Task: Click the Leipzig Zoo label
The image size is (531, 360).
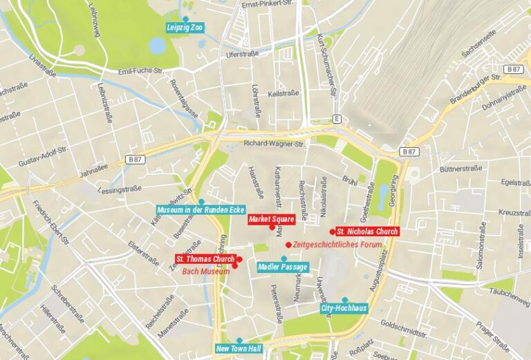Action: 185,28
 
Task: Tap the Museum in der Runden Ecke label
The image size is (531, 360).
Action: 201,209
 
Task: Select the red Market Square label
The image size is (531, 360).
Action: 272,220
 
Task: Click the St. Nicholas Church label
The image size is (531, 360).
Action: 367,231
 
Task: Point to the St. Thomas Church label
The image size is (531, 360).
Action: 205,259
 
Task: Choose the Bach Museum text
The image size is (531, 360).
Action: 206,272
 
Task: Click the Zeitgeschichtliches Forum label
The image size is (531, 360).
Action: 327,245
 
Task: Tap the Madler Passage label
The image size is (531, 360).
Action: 283,267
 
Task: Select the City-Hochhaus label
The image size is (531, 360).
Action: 344,308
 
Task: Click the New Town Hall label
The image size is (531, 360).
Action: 239,349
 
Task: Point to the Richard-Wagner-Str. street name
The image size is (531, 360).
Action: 274,144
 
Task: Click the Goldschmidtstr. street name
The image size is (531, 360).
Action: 404,327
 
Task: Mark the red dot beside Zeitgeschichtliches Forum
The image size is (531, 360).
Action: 288,245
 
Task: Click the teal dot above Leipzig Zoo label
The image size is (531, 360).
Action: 185,19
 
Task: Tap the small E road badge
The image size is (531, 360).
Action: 337,119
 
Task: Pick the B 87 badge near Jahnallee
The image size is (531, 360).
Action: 136,160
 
